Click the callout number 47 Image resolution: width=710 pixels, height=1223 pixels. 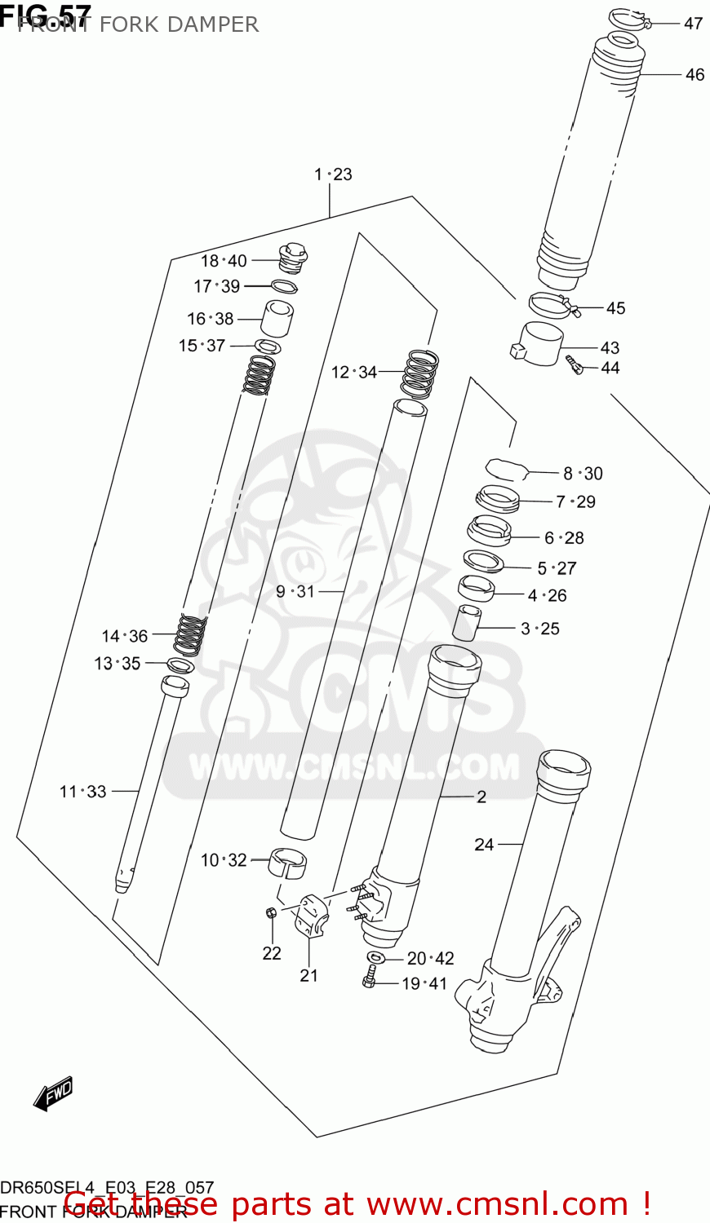click(693, 24)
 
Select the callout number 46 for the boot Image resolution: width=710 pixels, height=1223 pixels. click(694, 74)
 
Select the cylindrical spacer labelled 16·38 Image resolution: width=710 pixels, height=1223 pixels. click(277, 318)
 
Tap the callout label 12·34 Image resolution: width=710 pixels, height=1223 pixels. click(353, 373)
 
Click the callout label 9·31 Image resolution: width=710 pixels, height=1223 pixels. click(295, 591)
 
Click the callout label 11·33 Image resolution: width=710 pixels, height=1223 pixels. click(82, 791)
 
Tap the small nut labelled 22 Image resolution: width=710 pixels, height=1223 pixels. click(270, 912)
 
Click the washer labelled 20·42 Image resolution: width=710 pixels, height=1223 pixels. click(376, 956)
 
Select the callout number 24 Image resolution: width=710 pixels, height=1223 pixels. click(484, 845)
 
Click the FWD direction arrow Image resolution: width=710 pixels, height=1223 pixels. click(54, 1094)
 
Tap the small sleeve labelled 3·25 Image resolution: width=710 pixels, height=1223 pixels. click(465, 623)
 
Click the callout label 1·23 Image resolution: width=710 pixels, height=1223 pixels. click(333, 174)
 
